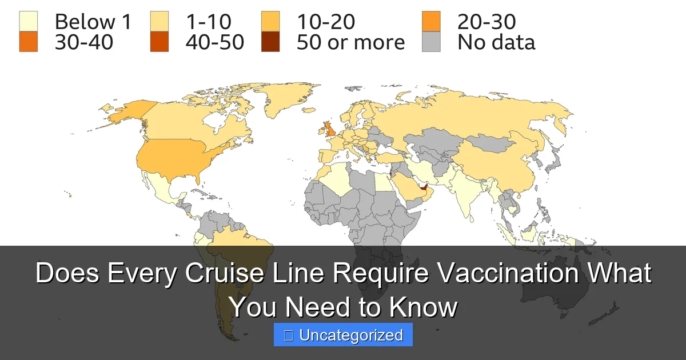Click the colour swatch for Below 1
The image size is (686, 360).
28,22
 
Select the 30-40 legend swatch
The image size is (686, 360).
28,42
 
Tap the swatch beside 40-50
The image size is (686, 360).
159,42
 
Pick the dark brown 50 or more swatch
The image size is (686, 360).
270,42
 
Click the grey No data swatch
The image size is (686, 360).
432,42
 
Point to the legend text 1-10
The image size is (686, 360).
208,22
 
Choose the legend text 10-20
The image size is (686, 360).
325,22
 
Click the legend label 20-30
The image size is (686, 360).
486,22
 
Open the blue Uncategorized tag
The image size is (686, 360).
343,335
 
